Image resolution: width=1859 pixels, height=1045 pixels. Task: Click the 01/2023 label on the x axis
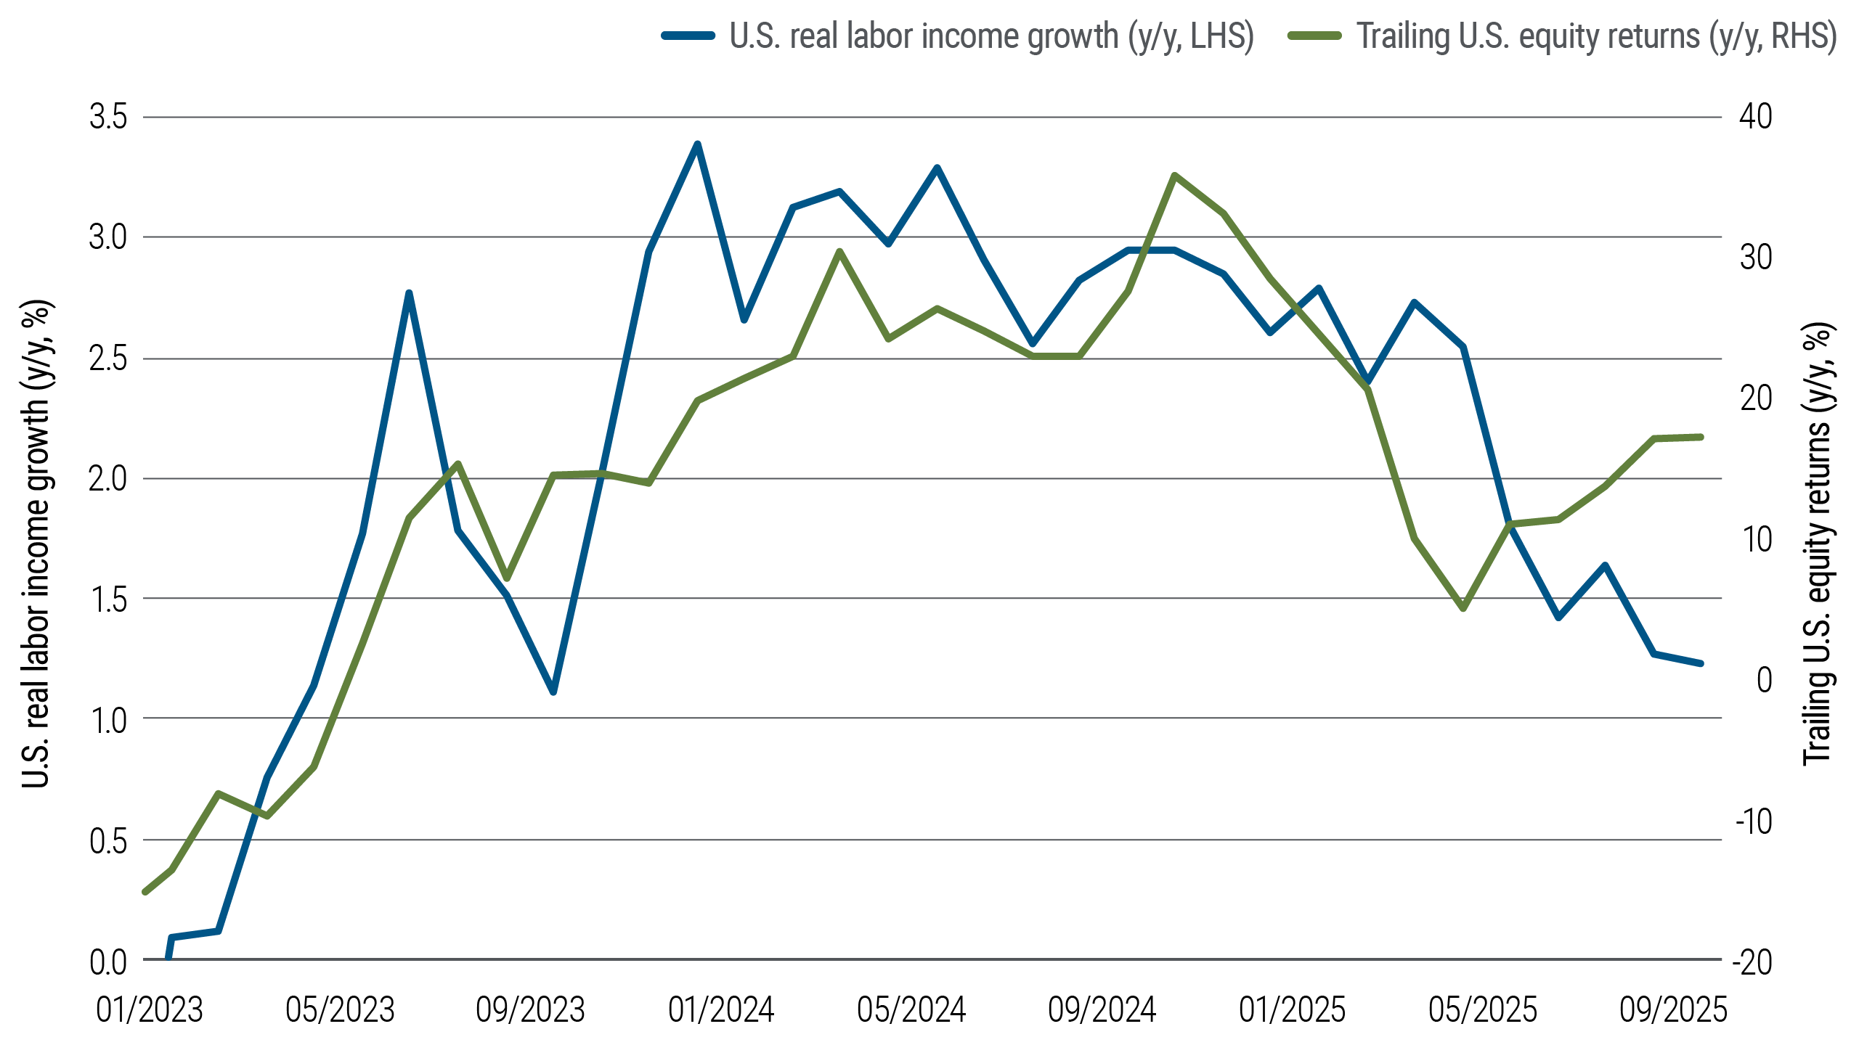click(x=149, y=1010)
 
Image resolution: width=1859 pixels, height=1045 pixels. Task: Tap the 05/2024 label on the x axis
click(x=911, y=1010)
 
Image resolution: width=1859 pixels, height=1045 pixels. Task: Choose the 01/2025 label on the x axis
click(x=1292, y=1010)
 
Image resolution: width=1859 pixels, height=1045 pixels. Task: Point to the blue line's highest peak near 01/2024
click(x=697, y=144)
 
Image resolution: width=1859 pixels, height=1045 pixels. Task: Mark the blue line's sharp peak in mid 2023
click(x=409, y=292)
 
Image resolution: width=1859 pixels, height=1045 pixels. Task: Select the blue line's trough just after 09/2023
click(x=553, y=692)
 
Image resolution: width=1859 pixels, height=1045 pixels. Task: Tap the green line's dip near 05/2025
click(x=1463, y=609)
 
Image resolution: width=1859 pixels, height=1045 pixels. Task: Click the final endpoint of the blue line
click(x=1701, y=663)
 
